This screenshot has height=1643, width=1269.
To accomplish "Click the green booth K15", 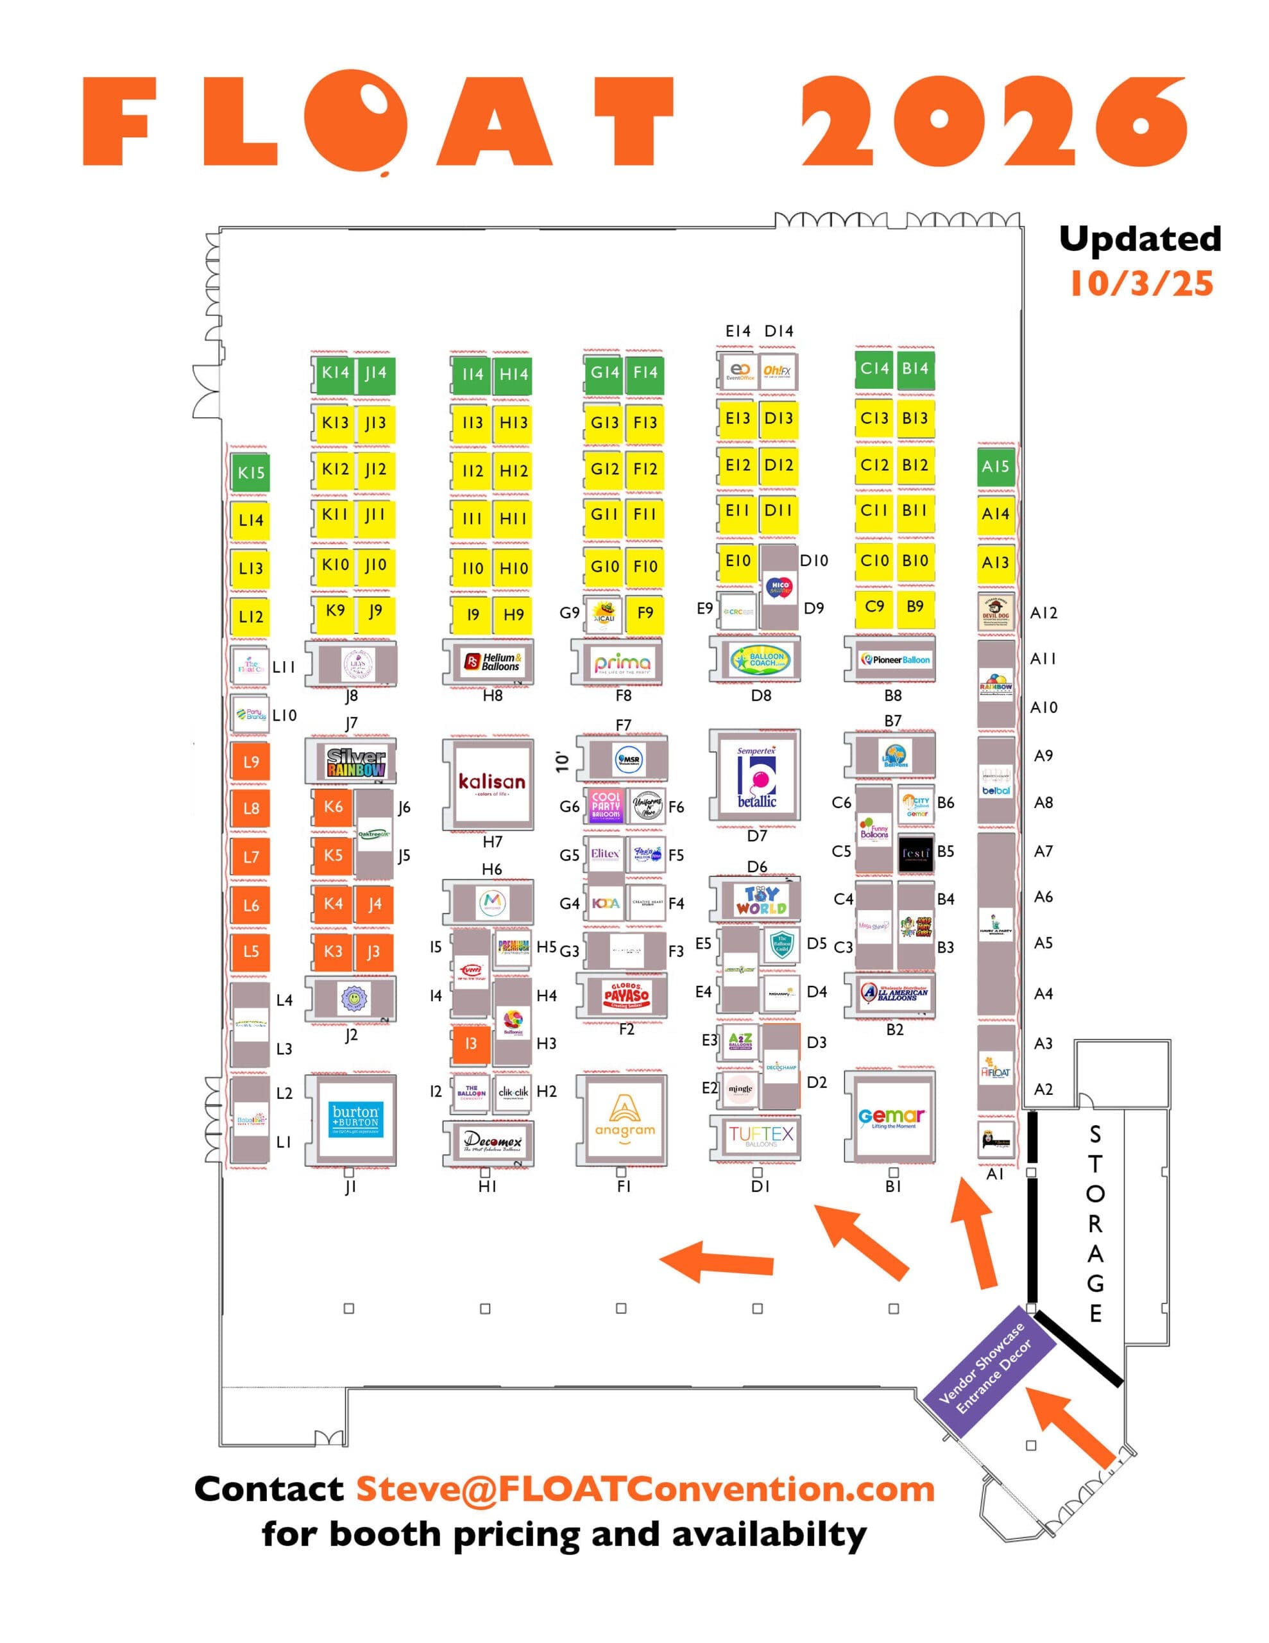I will pos(250,472).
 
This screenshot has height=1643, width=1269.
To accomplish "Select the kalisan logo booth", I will pos(492,783).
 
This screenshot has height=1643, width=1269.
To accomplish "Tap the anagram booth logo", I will pos(624,1118).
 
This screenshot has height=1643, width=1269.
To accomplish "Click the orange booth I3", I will pos(471,1044).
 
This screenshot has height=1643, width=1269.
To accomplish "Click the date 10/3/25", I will pos(1141,284).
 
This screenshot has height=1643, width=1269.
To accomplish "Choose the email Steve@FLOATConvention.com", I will pos(645,1489).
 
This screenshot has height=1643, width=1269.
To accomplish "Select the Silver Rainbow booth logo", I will pos(356,762).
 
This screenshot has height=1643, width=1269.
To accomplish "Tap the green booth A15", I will pos(995,467).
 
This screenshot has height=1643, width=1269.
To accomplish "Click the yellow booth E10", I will pos(738,561).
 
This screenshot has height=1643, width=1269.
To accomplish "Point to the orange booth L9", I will pos(250,761).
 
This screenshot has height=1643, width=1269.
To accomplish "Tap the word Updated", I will pos(1139,239).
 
